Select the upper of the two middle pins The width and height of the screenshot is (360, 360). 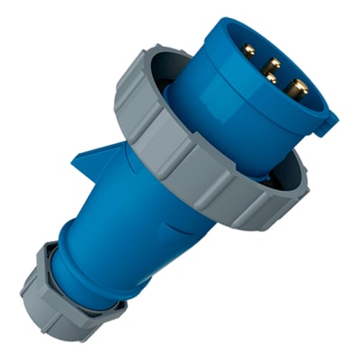[x=273, y=63]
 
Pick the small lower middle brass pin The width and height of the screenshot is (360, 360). [x=271, y=79]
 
